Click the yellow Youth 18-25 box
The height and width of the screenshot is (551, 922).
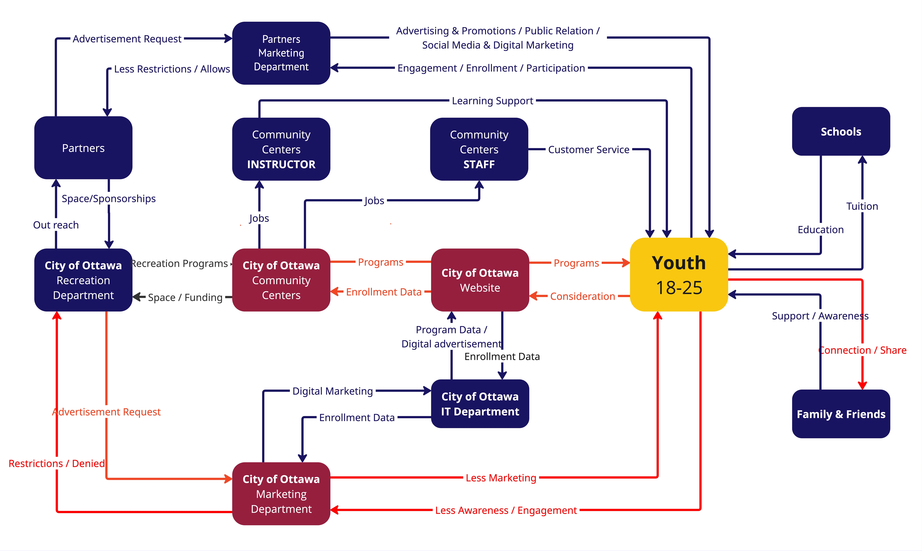(679, 275)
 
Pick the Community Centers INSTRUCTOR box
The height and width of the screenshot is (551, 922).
(281, 149)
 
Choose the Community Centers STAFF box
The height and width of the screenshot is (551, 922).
(479, 149)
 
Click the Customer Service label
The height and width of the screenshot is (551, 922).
(589, 150)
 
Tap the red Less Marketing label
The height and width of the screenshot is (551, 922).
(501, 478)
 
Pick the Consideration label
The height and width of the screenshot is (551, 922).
(582, 296)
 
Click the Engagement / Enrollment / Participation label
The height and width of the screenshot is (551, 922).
(491, 68)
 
